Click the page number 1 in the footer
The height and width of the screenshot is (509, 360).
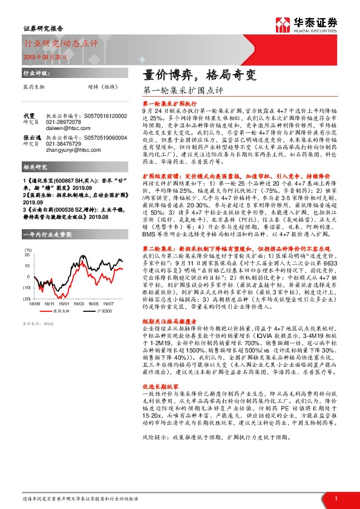click(335, 498)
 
